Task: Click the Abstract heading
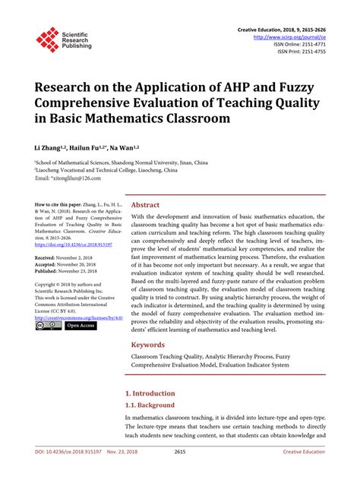coord(145,205)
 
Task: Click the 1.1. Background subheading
coord(150,406)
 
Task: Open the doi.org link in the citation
coord(74,244)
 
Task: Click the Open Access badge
coord(80,325)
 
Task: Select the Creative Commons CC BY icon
coord(48,325)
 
